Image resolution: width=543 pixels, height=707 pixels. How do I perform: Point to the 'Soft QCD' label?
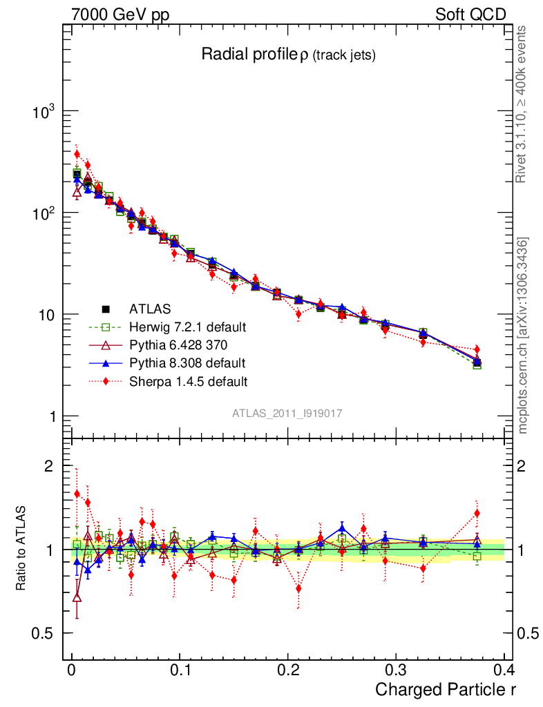point(470,14)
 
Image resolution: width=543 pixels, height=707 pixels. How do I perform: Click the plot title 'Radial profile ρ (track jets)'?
point(288,55)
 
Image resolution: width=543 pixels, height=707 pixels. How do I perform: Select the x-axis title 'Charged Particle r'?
point(446,689)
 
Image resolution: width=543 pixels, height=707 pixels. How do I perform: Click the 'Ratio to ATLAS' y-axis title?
point(21,549)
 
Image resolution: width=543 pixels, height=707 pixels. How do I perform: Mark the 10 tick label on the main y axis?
point(46,315)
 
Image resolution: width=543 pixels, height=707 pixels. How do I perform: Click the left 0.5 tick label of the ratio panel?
point(44,633)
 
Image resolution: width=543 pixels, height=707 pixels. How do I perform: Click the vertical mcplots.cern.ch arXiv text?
point(523,336)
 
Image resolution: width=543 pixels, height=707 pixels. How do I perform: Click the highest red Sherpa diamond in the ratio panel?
point(77,494)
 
